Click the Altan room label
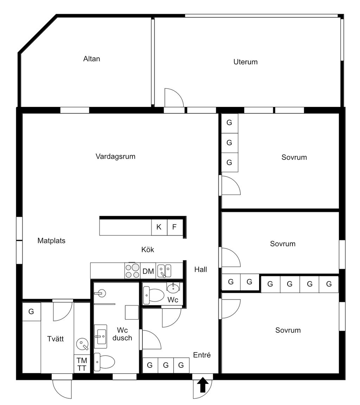point(91,59)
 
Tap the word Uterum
point(245,62)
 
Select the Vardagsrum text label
point(115,156)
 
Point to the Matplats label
point(51,241)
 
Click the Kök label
point(148,250)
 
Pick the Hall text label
point(201,270)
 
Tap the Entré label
point(202,355)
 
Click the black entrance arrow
point(202,385)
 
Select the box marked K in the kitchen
point(159,227)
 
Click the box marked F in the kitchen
point(174,227)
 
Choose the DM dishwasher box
point(148,271)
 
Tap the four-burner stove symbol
point(132,271)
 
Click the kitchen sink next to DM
point(164,271)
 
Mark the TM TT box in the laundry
point(82,364)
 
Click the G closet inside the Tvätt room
point(31,311)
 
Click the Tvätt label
point(56,339)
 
